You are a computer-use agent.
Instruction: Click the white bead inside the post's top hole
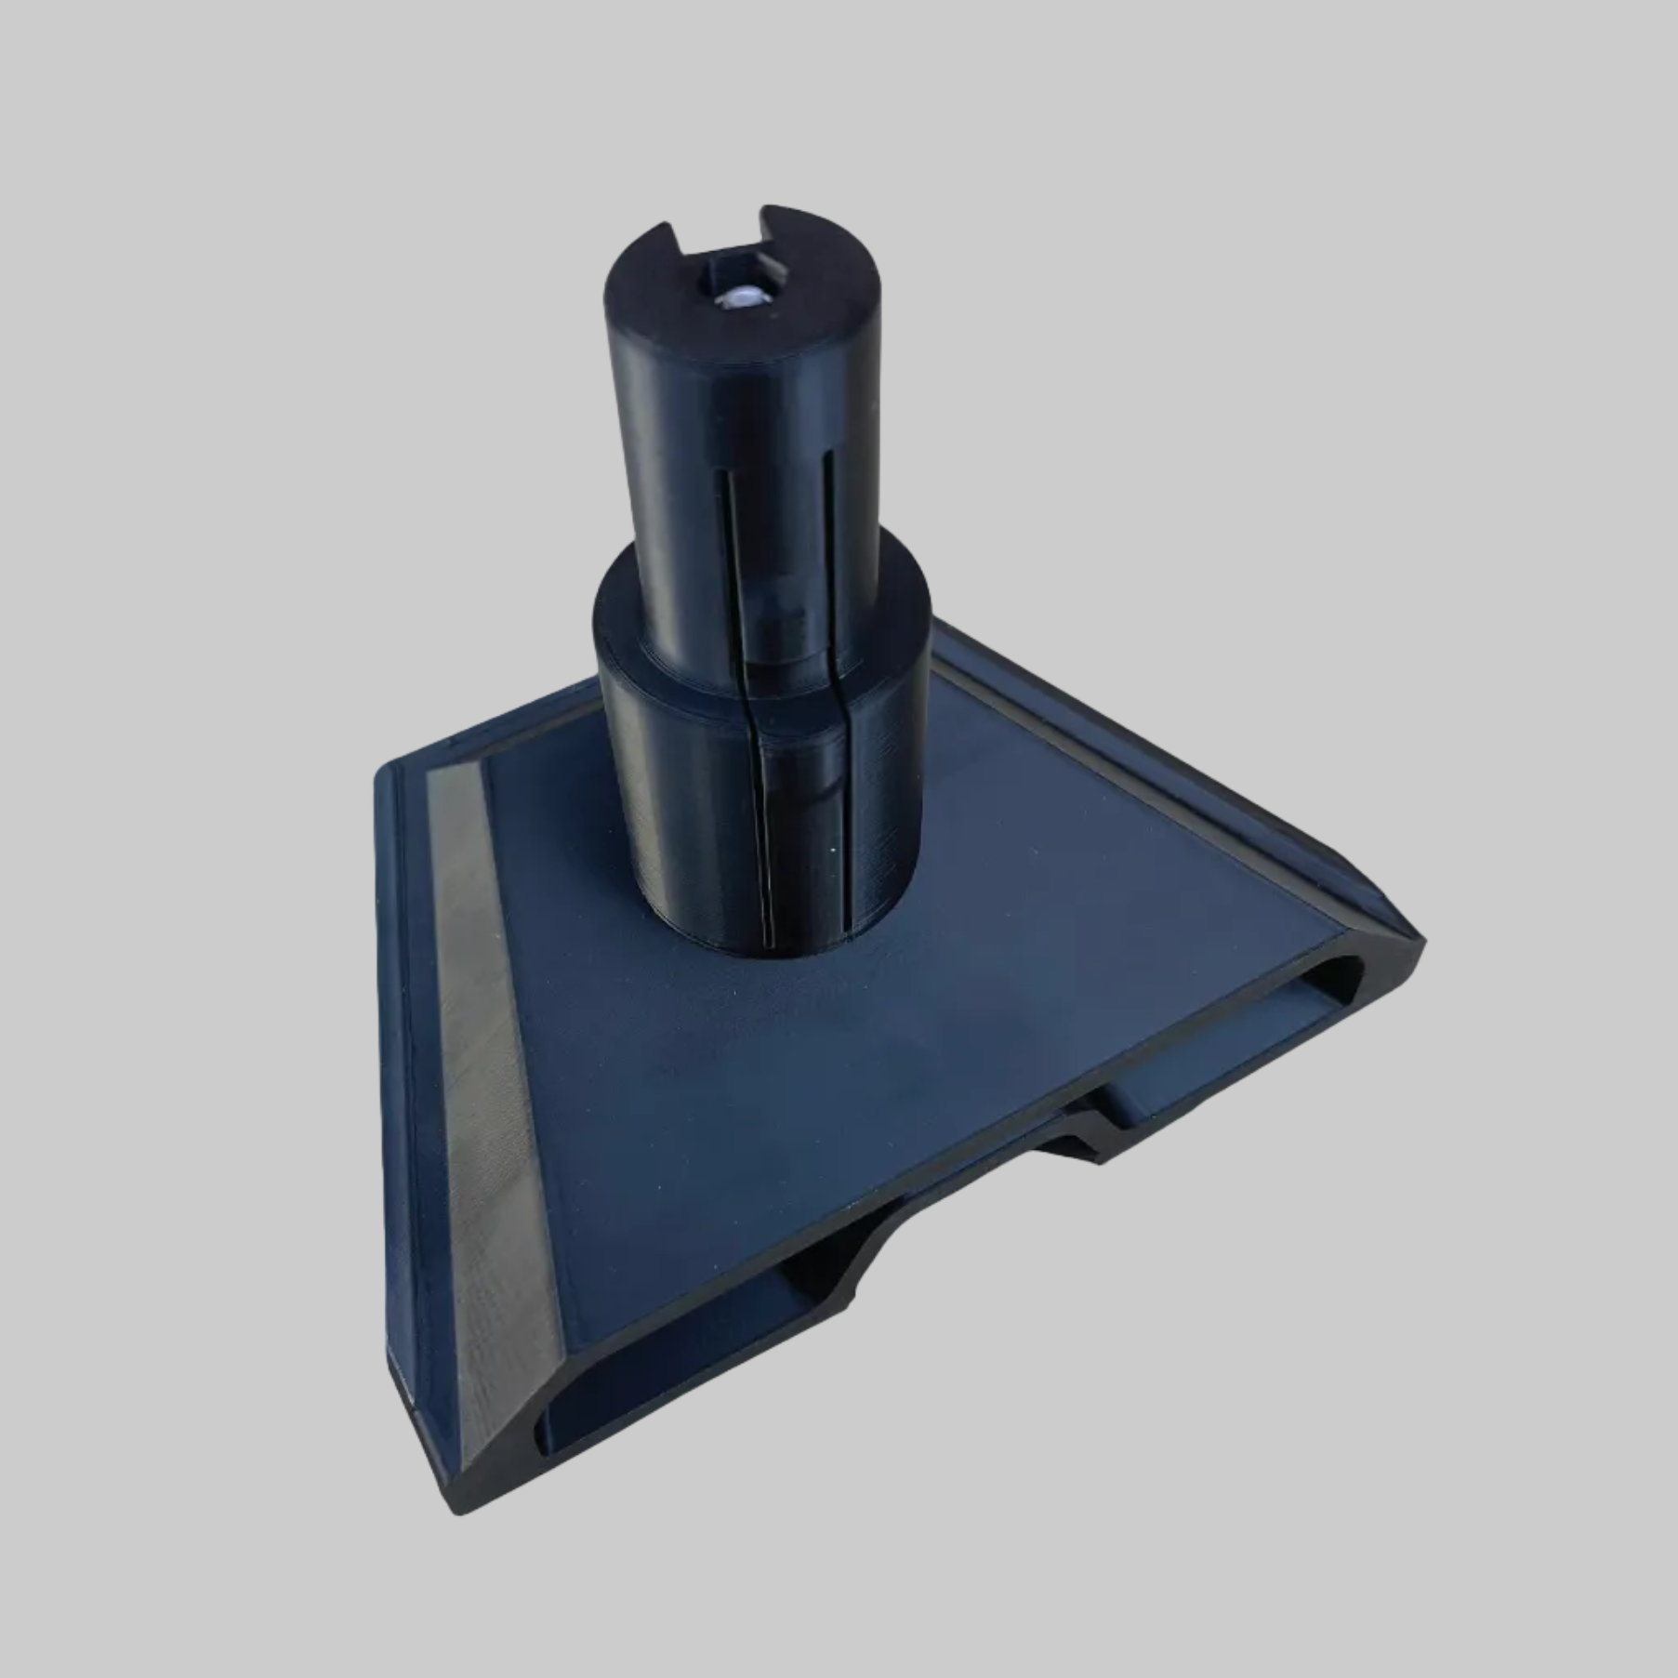[742, 297]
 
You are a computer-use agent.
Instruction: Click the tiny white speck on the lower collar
[830, 849]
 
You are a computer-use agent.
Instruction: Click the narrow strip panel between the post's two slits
[776, 521]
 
